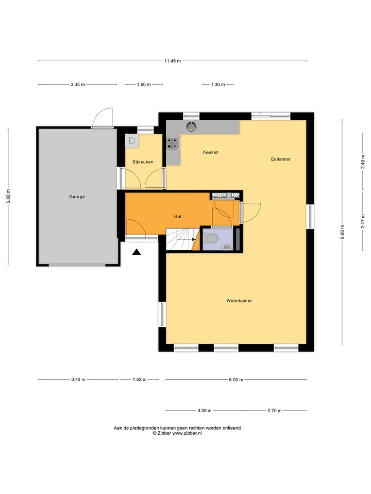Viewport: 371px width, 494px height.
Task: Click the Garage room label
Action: coord(77,197)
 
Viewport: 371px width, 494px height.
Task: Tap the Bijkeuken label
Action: coord(143,162)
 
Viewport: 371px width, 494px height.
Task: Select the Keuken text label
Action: coord(211,152)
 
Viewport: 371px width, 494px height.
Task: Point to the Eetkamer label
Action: coord(281,159)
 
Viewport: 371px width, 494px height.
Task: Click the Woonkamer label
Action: coord(239,301)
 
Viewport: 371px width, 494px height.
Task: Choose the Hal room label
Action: coord(178,217)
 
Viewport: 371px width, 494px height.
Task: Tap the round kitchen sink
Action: coord(192,125)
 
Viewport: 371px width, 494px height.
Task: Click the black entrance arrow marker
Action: coord(137,252)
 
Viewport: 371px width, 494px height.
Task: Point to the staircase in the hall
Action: coord(182,239)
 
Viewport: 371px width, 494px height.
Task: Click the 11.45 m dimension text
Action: coord(173,61)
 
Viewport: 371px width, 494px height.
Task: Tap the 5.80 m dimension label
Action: coord(8,197)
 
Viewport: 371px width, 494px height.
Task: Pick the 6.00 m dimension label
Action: coord(235,380)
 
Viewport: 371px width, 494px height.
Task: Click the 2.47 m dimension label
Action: coord(363,221)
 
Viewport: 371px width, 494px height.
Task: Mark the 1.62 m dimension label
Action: coord(139,380)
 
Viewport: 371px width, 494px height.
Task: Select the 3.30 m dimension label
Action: coord(204,411)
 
